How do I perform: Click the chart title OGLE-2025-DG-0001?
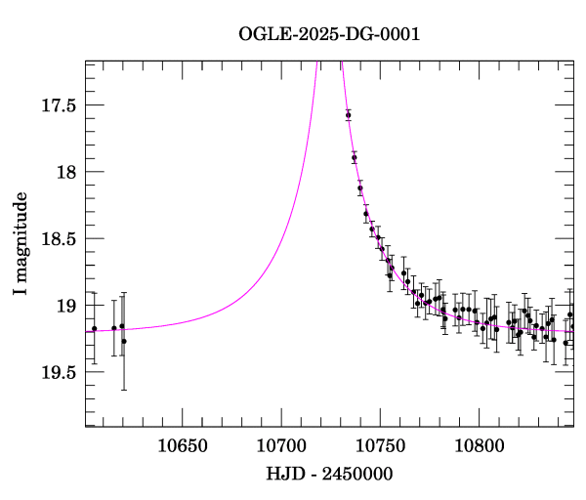point(329,34)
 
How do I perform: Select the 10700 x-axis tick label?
point(281,446)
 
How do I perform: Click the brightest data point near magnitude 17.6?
point(349,115)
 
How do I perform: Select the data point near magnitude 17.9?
point(355,157)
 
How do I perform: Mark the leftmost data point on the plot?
point(95,329)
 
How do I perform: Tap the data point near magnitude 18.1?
point(360,187)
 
